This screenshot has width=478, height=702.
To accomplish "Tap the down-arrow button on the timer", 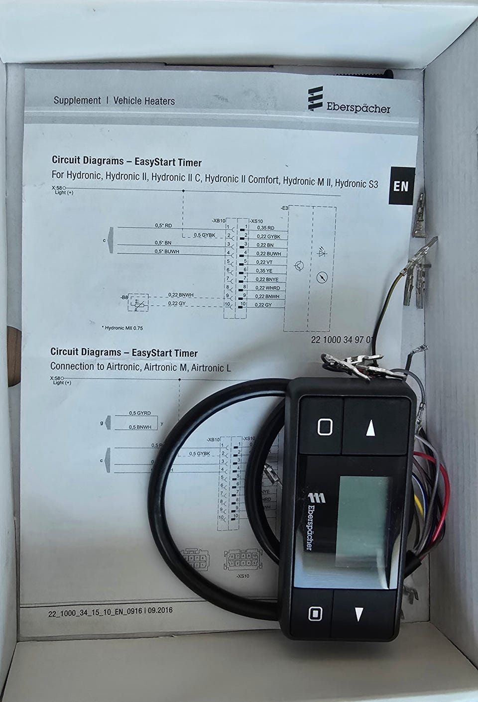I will tap(358, 614).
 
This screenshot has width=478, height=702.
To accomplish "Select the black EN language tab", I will tap(401, 186).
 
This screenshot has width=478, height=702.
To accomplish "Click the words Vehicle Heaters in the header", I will tap(144, 101).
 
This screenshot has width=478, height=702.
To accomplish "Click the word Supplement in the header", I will tap(77, 101).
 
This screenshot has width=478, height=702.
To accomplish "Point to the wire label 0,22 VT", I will tap(264, 262).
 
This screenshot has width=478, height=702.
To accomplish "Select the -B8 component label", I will tap(124, 297).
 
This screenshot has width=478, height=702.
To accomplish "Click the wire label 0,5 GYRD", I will tap(139, 413).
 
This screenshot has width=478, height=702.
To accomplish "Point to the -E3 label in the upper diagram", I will tap(284, 207).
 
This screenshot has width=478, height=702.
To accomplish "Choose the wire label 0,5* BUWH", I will tap(167, 252).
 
